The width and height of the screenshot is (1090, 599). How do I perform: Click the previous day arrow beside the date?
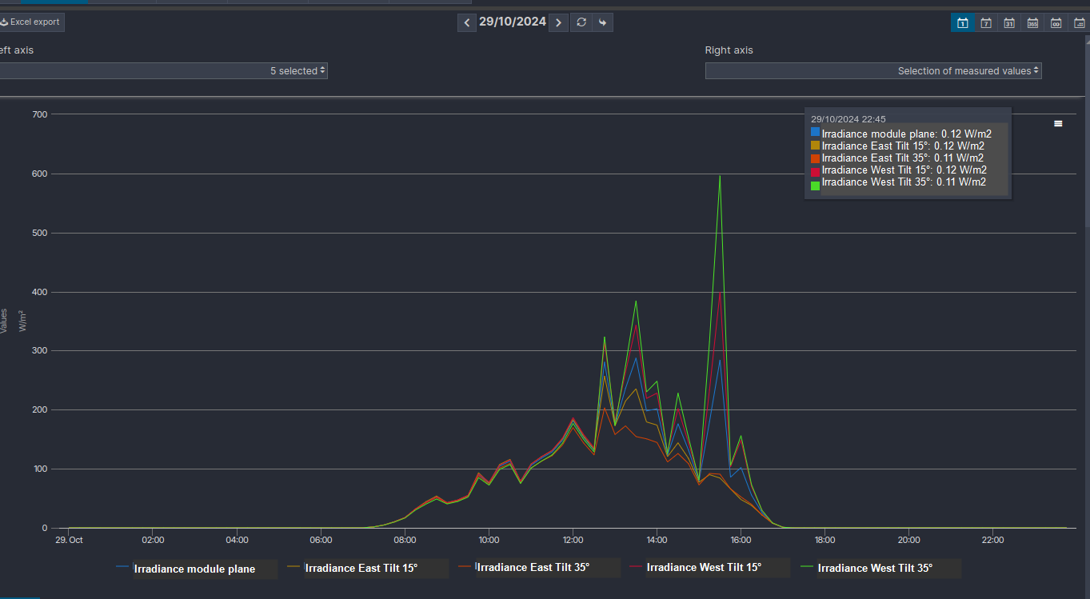[x=467, y=22]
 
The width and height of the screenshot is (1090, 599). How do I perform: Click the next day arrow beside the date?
[x=559, y=22]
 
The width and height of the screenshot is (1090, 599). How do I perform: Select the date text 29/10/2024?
[x=513, y=22]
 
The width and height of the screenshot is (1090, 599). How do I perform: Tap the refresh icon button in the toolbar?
[x=581, y=22]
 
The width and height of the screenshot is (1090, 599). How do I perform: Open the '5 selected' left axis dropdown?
[x=163, y=71]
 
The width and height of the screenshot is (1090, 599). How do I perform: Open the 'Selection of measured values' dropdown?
[x=873, y=71]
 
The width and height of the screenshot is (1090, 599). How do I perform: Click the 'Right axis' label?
[x=729, y=50]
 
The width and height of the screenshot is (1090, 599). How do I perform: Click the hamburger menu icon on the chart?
[x=1058, y=124]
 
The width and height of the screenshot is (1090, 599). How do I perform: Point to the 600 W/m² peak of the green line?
[x=720, y=176]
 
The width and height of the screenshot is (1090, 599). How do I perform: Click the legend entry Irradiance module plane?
[x=194, y=569]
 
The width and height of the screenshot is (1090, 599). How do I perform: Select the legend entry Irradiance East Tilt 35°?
[x=533, y=567]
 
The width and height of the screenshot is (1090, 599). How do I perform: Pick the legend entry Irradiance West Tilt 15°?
[x=703, y=567]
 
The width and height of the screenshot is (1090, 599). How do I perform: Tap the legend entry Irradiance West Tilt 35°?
[x=875, y=568]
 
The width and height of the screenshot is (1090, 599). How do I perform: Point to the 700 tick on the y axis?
[x=38, y=114]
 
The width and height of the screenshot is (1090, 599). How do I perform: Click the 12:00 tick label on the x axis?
[x=572, y=540]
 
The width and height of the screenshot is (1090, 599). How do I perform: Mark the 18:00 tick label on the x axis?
[x=824, y=540]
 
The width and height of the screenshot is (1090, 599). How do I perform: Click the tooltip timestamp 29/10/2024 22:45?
[x=848, y=119]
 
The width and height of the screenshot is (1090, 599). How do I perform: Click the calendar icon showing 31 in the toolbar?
[x=1009, y=22]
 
